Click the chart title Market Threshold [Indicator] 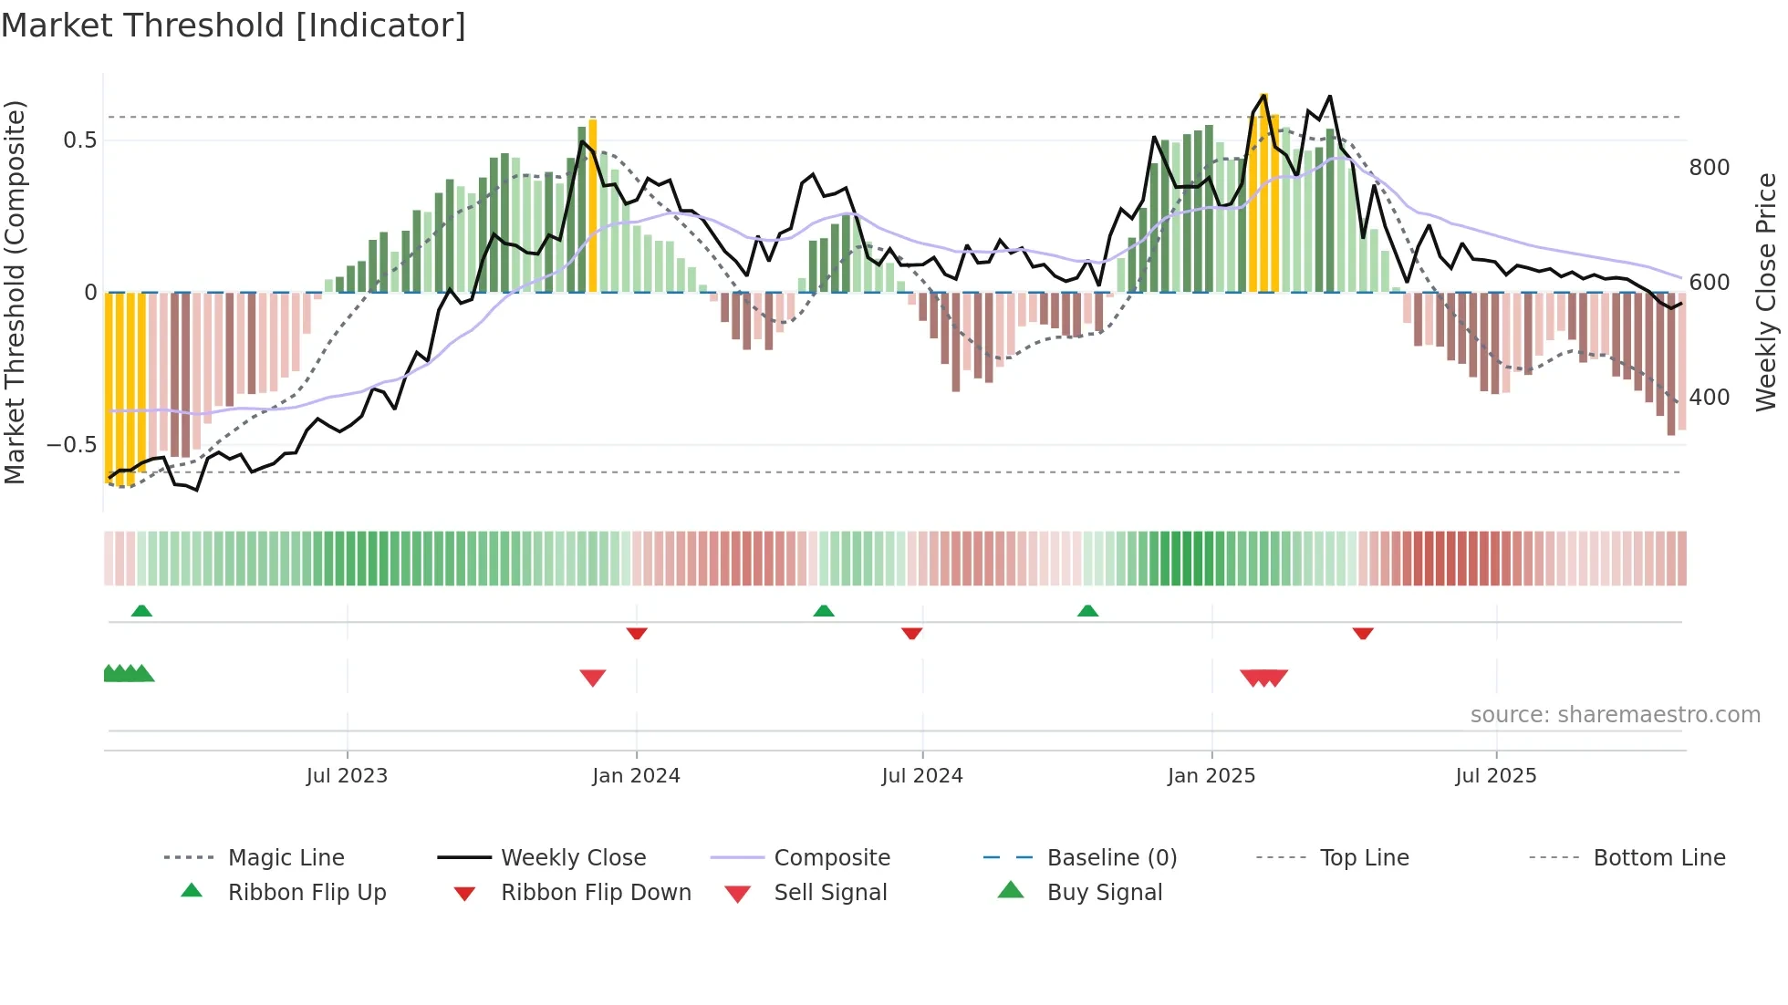coord(234,26)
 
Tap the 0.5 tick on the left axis coord(79,140)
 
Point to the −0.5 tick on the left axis coord(72,445)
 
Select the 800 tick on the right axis coord(1709,168)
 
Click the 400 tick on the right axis coord(1709,398)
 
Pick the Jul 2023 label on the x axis coord(347,776)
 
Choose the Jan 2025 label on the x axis coord(1211,776)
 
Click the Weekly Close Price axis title coord(1766,292)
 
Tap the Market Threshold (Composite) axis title coord(15,292)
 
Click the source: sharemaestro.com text coord(1615,715)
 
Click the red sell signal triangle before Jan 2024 coord(593,677)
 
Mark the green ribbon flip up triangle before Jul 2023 coord(141,611)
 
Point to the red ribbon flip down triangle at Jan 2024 coord(637,633)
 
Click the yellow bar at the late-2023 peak coord(593,205)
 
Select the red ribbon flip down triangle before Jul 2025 coord(1363,633)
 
